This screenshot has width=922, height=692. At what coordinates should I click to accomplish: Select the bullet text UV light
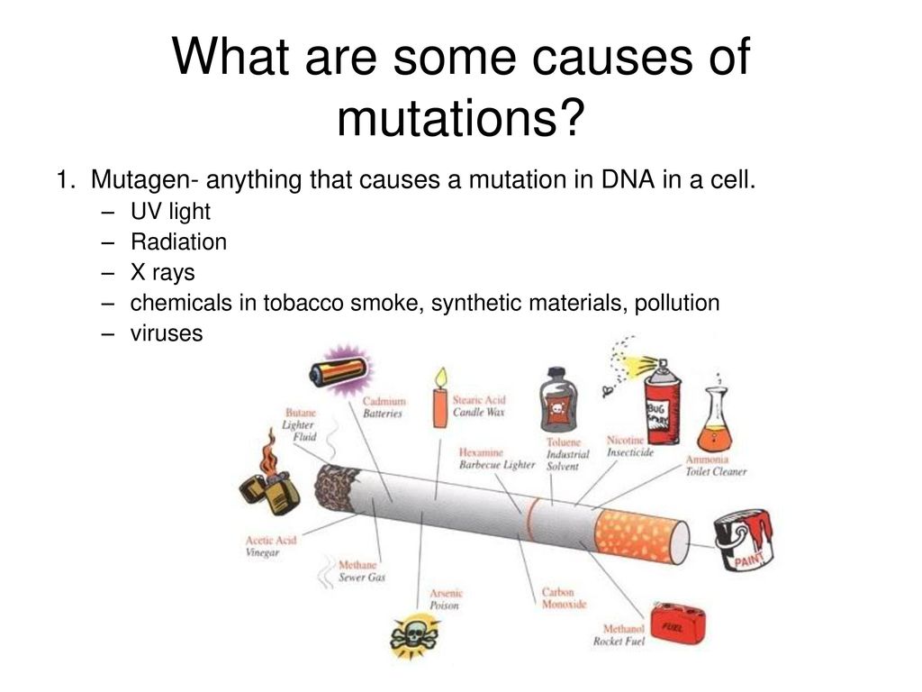tap(170, 212)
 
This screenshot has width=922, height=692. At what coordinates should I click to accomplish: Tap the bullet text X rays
tap(162, 272)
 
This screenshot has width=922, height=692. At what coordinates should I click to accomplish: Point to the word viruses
tap(167, 333)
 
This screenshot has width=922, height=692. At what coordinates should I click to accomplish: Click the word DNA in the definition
tap(628, 179)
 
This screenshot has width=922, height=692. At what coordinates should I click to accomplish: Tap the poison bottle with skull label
tap(558, 400)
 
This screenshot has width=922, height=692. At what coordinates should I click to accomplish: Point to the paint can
tap(743, 540)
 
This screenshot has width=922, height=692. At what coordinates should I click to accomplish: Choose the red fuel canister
tap(679, 624)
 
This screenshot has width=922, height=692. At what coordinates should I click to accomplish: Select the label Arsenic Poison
tap(446, 599)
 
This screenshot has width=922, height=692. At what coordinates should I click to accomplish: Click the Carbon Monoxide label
tap(564, 598)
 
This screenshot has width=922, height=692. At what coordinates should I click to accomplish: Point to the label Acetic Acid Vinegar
tap(270, 546)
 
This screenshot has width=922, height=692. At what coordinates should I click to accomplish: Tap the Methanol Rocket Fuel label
tap(619, 635)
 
